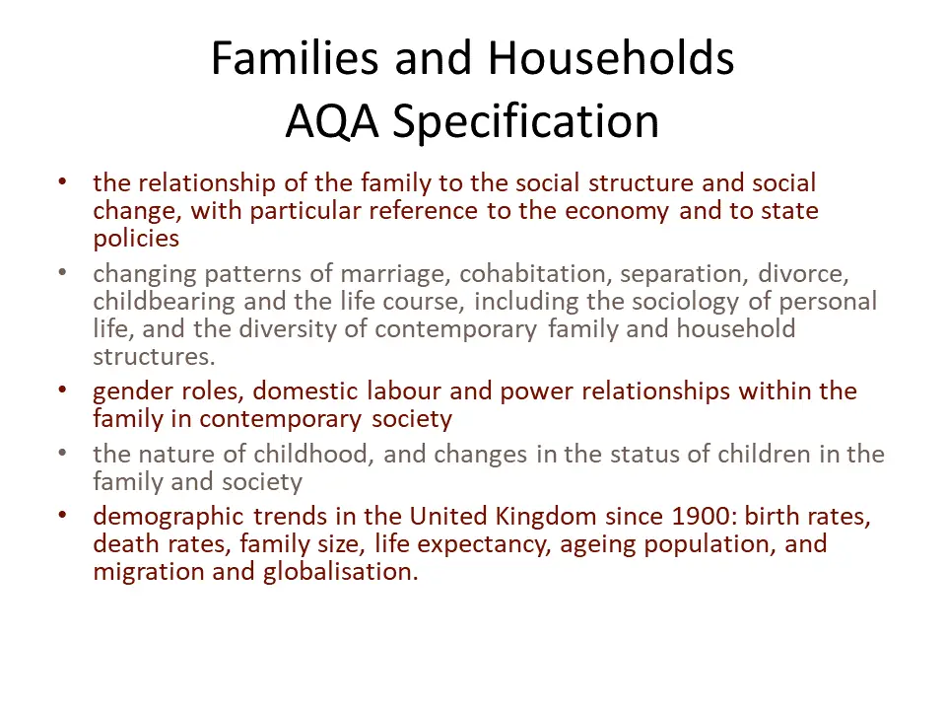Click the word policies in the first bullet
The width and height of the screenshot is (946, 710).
136,239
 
